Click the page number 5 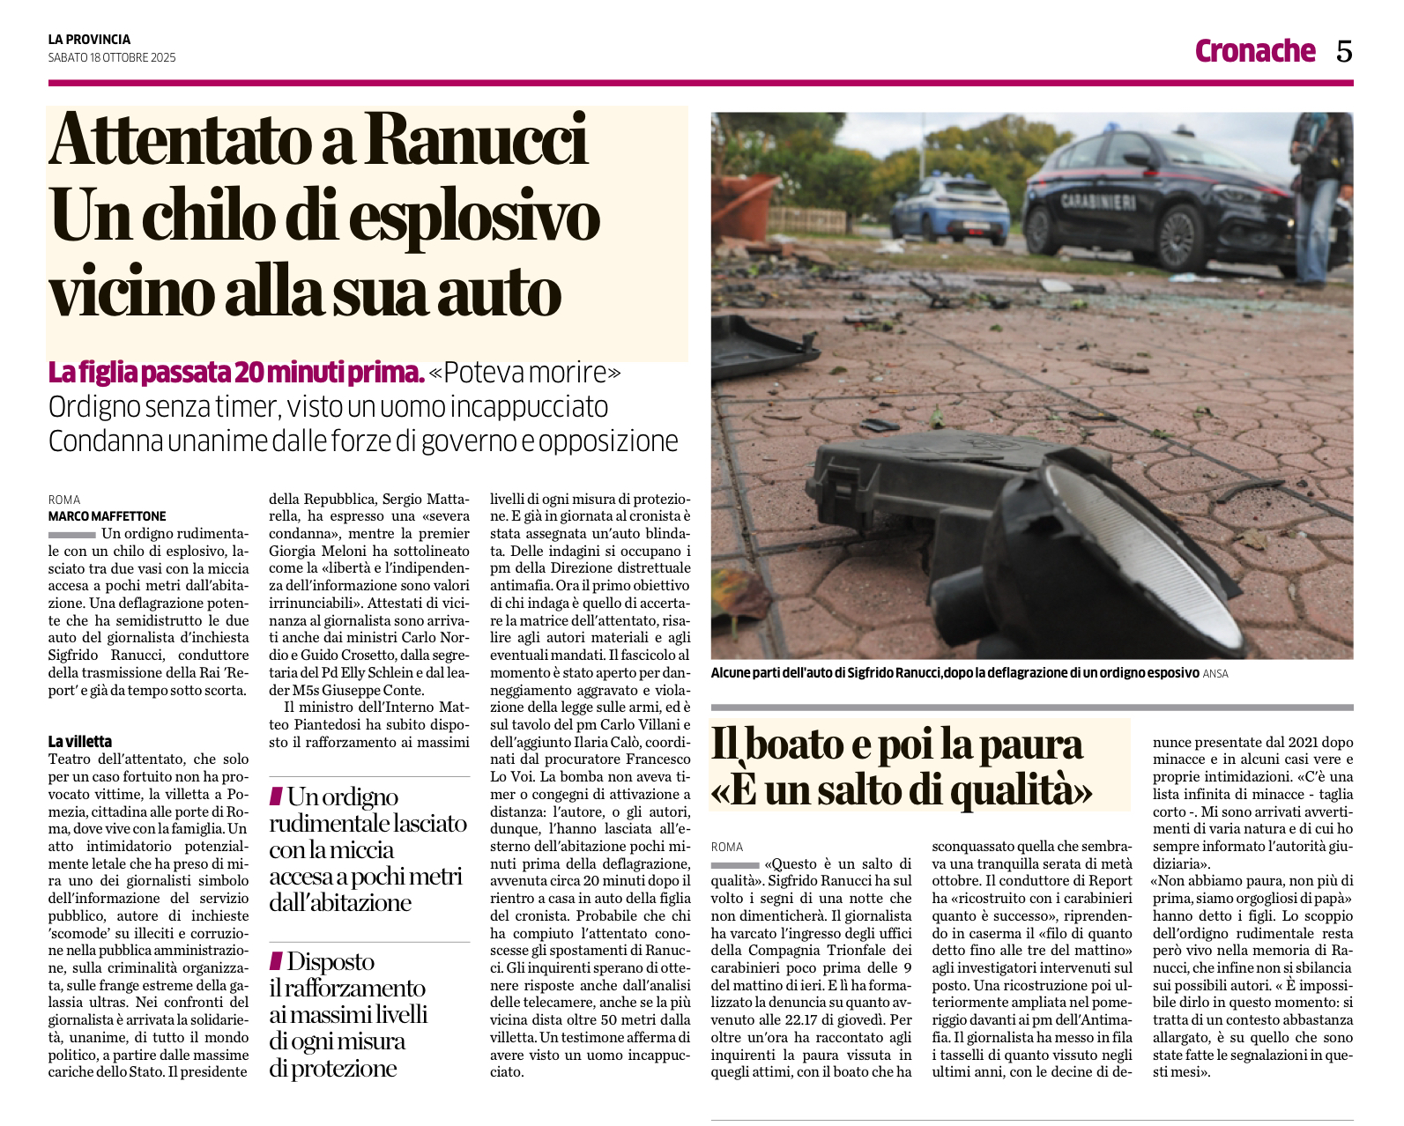(1343, 52)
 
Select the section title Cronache (1254, 51)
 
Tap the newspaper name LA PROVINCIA (89, 40)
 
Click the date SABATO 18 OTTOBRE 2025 (112, 58)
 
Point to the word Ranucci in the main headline (476, 141)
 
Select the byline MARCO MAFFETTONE (107, 516)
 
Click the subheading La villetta (80, 741)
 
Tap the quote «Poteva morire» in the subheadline (525, 374)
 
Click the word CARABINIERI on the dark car (1097, 202)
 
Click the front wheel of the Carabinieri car (1180, 238)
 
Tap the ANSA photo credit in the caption (1215, 674)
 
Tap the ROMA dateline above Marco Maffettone (64, 500)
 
